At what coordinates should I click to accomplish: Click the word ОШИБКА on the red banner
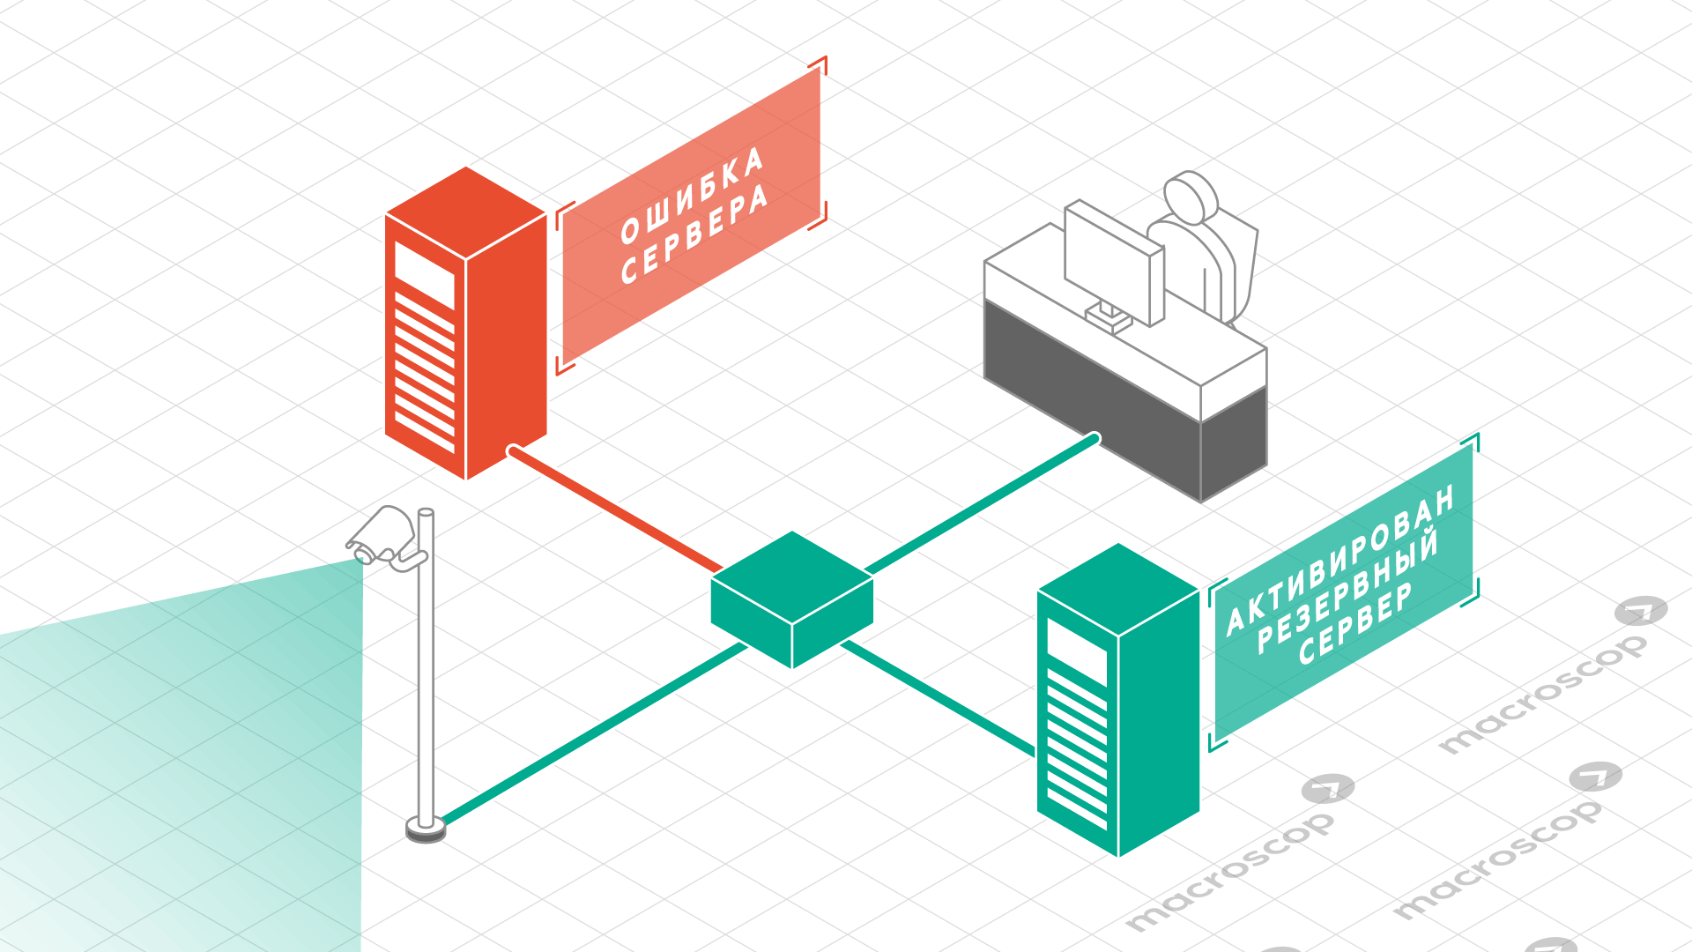[691, 196]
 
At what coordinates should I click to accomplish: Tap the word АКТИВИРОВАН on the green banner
[1339, 559]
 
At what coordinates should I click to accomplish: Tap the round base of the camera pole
[426, 829]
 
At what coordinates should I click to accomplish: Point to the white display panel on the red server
[424, 274]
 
